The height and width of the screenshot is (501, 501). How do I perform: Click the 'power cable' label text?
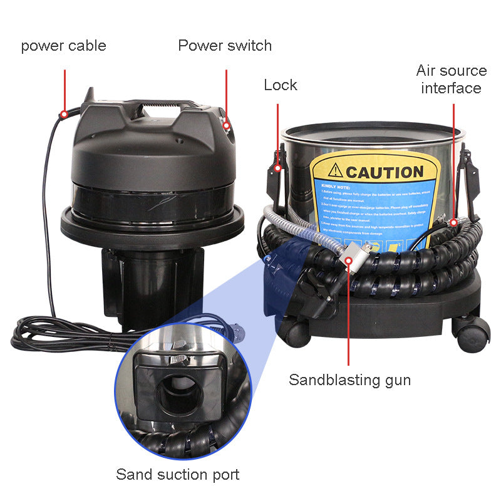(x=63, y=46)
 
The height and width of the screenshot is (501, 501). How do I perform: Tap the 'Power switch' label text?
(x=225, y=46)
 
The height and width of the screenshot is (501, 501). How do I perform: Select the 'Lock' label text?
(x=280, y=85)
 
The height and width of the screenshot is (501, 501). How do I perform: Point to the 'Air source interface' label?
(x=451, y=79)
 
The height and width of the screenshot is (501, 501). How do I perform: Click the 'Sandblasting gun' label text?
(x=349, y=380)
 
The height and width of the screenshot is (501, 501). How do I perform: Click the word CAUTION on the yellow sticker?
(x=384, y=172)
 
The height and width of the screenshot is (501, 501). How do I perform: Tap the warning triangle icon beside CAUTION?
(x=336, y=171)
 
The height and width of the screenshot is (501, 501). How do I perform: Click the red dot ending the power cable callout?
(x=63, y=115)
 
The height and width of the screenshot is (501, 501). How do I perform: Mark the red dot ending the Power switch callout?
(x=227, y=125)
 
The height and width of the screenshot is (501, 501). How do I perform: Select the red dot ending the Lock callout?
(x=278, y=168)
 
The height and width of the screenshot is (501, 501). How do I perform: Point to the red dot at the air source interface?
(x=453, y=222)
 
